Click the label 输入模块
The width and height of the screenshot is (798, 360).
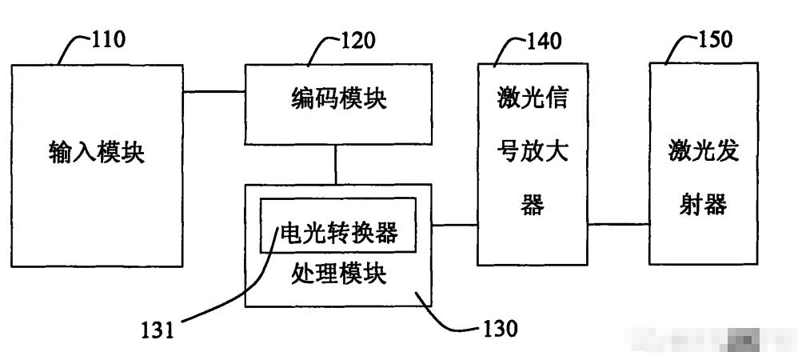point(96,152)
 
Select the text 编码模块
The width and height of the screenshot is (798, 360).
point(337,99)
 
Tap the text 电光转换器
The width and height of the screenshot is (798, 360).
point(337,233)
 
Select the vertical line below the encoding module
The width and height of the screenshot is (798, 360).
point(336,165)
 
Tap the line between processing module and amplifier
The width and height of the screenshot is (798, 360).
point(454,225)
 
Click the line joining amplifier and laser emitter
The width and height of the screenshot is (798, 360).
point(617,225)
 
